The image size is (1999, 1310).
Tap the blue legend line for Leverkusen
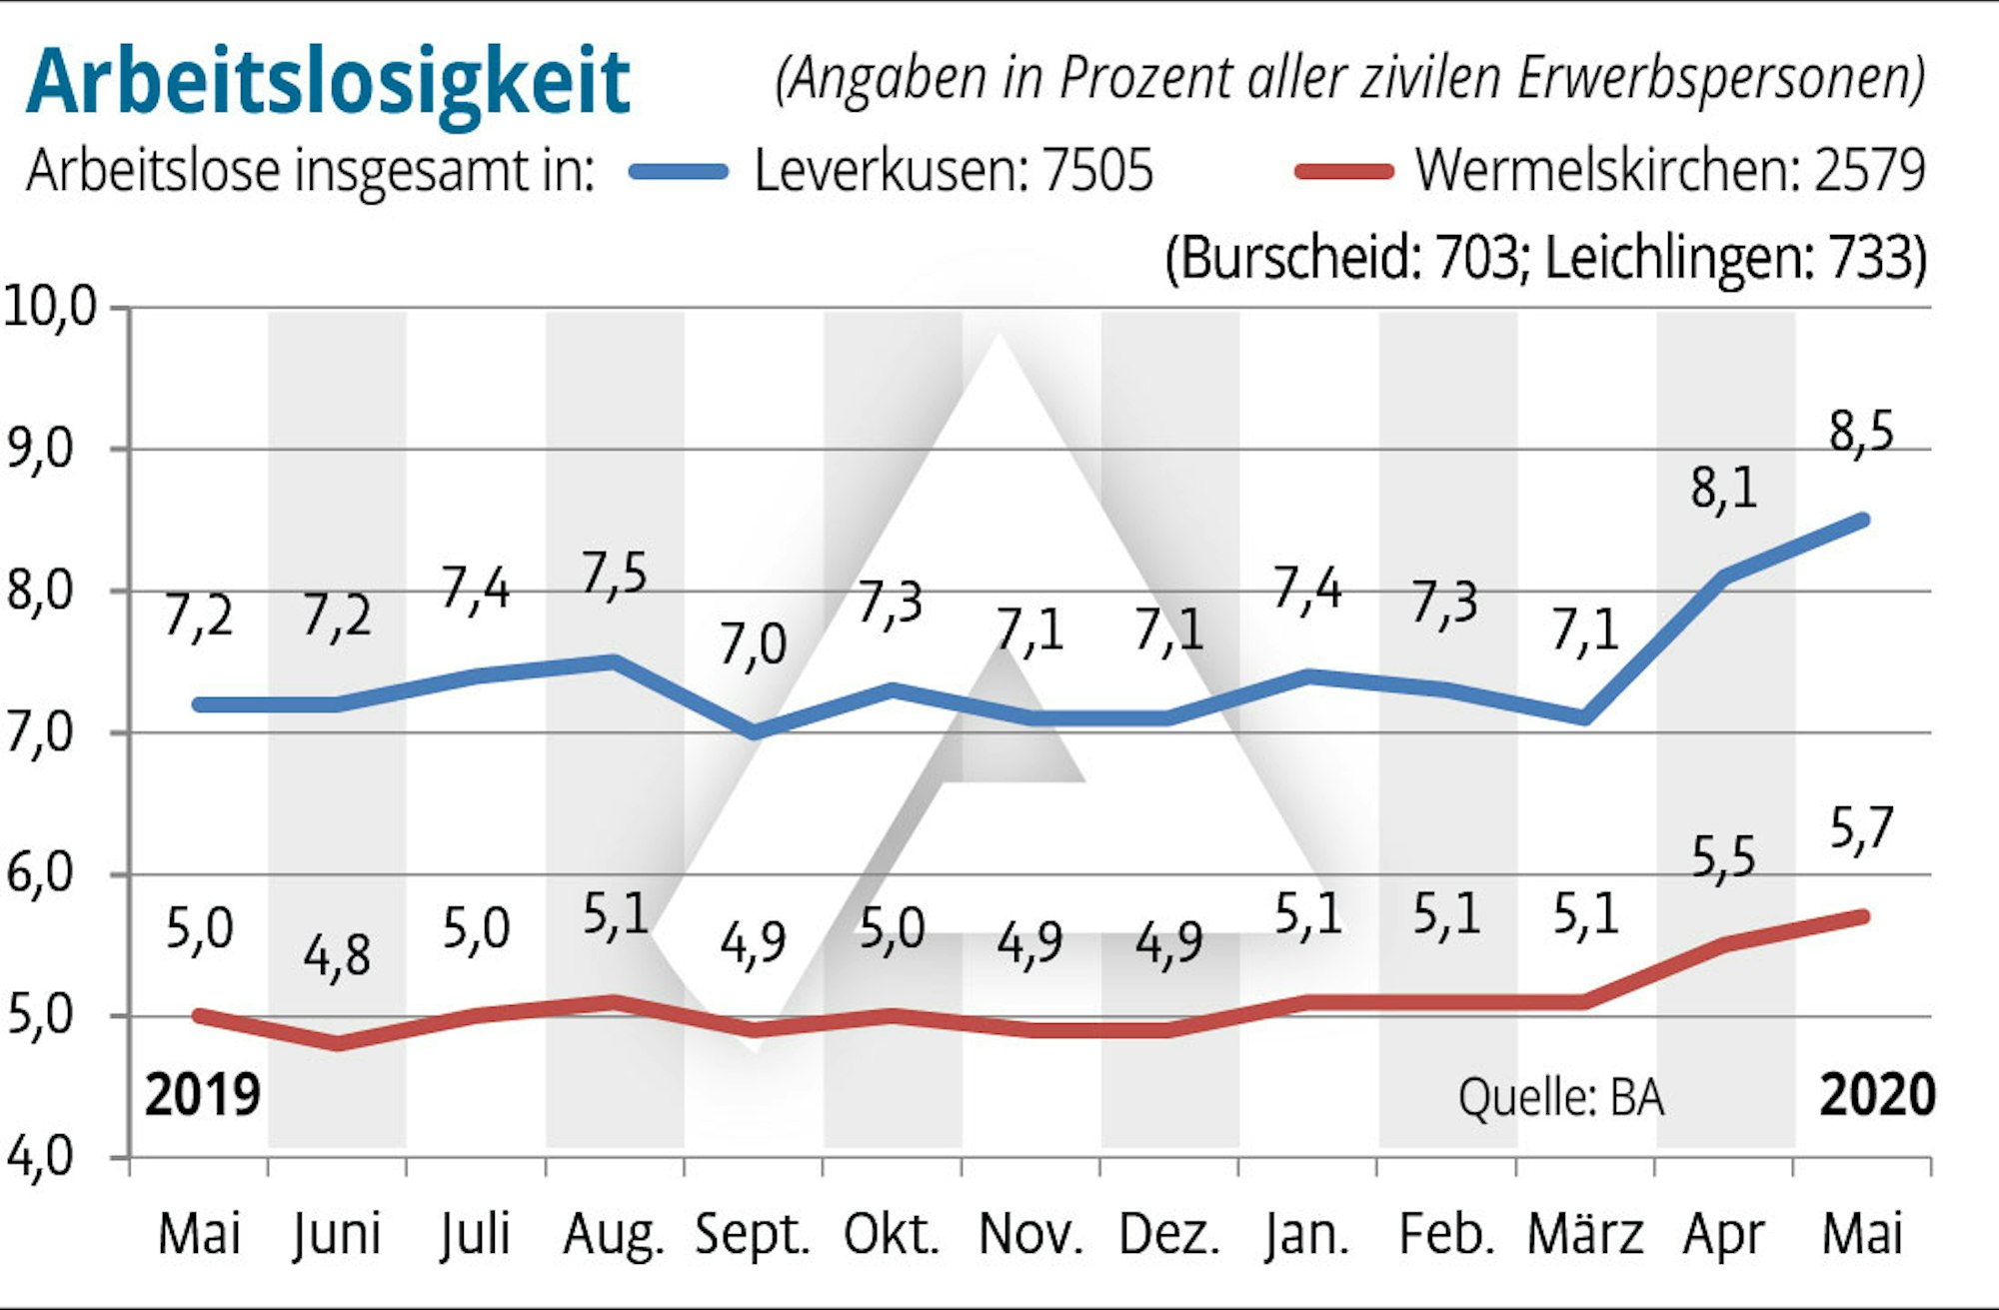click(x=679, y=171)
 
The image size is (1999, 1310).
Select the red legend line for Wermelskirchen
click(x=1343, y=171)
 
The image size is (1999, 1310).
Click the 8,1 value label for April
click(x=1723, y=490)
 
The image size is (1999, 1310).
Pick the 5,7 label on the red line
click(x=1861, y=829)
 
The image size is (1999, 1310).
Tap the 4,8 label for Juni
click(x=337, y=956)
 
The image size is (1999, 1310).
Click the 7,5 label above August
click(x=614, y=576)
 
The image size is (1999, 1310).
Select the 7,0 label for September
click(x=753, y=645)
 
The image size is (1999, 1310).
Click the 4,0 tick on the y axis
click(x=40, y=1157)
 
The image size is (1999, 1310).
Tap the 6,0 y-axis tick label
click(x=40, y=874)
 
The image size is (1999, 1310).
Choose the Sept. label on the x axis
click(x=753, y=1235)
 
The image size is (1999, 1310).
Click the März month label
click(x=1585, y=1235)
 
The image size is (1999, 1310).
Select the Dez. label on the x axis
click(x=1169, y=1235)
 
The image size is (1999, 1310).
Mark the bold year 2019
click(x=202, y=1095)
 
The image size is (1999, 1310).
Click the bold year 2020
click(x=1877, y=1095)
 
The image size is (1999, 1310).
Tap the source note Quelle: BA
click(x=1561, y=1098)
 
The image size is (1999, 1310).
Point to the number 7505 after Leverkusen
click(x=1097, y=171)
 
